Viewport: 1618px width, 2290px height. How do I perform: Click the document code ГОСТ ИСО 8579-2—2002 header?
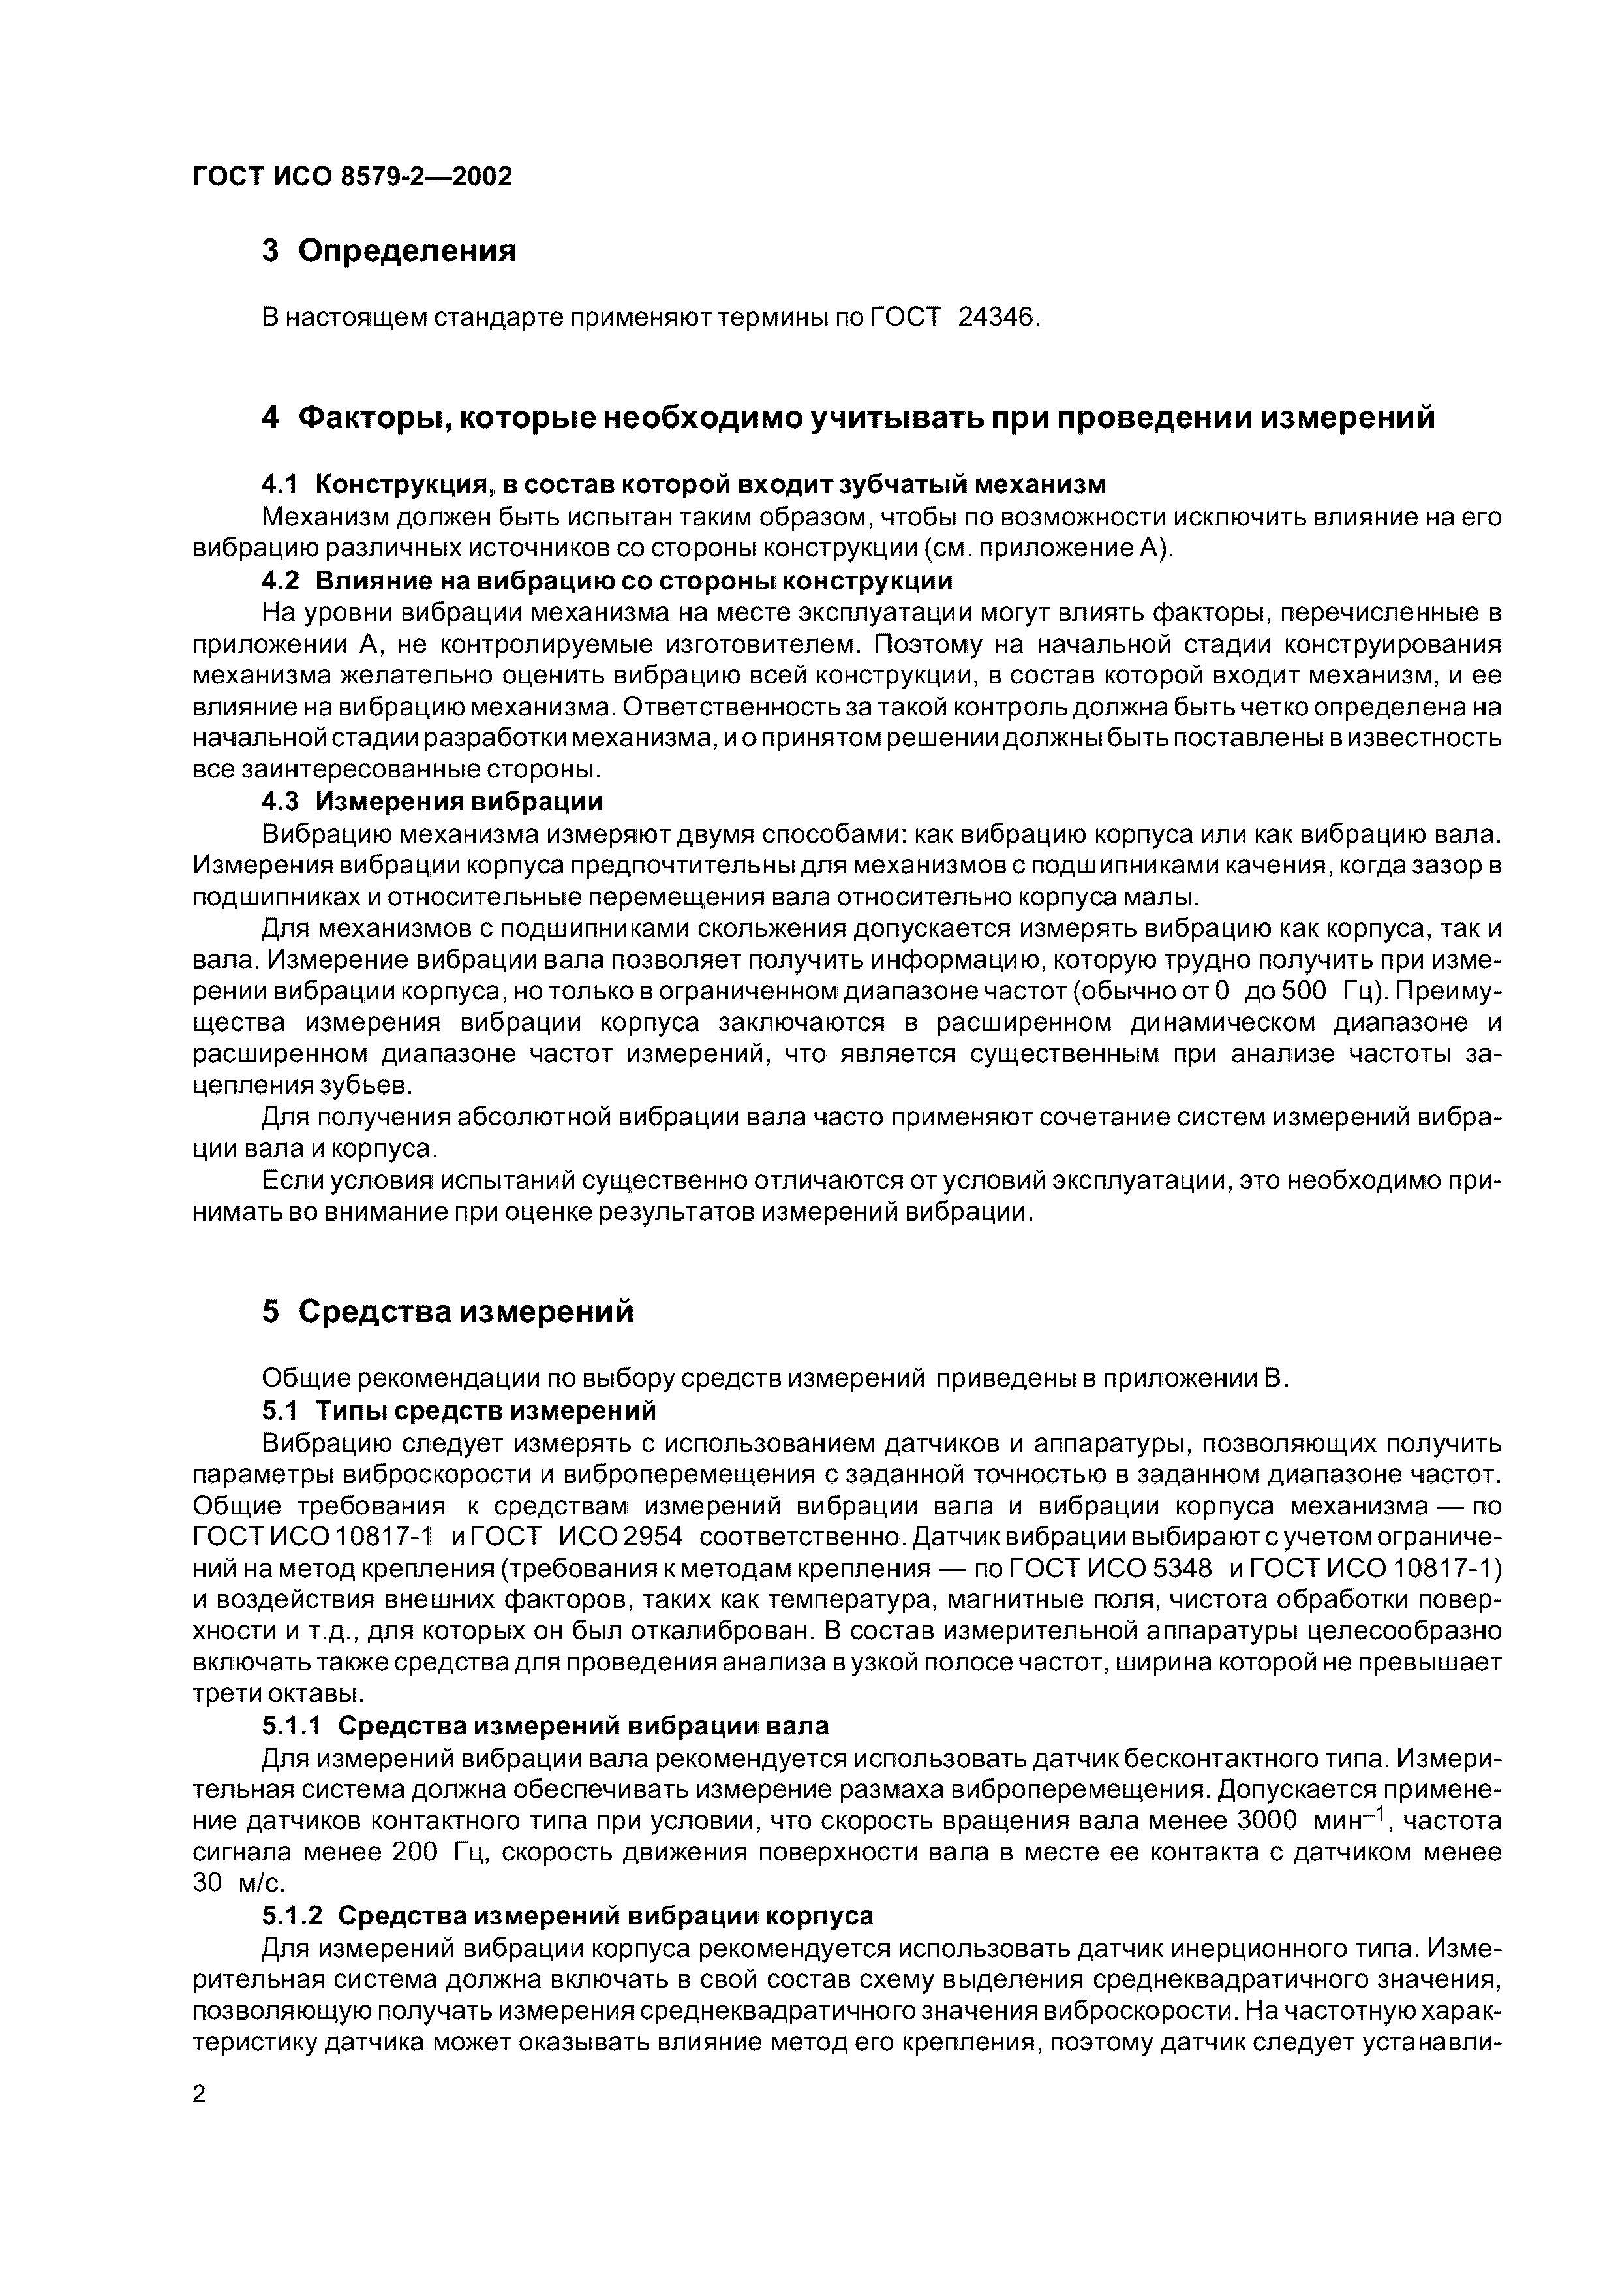click(351, 176)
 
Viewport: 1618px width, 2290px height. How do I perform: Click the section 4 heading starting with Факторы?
click(847, 418)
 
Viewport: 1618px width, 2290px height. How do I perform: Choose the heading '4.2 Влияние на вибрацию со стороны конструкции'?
click(606, 580)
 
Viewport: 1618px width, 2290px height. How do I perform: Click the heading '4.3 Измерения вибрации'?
click(432, 802)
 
